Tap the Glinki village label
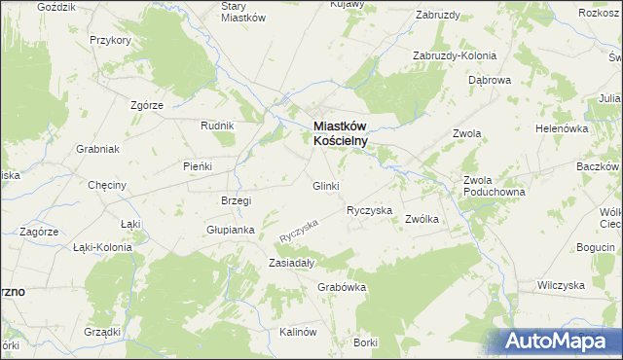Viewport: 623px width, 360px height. (x=325, y=186)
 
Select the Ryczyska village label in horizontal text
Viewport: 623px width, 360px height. (x=369, y=210)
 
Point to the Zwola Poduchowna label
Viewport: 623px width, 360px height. (x=494, y=186)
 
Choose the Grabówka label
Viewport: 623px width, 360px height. (x=341, y=287)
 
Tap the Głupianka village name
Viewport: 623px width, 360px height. (x=230, y=231)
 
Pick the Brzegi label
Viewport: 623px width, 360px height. (x=237, y=201)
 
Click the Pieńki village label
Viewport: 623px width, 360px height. (x=198, y=166)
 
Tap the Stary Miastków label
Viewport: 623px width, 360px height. (x=243, y=12)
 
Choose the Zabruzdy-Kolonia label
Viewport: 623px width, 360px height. (x=455, y=55)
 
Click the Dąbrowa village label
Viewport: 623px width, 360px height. (x=490, y=81)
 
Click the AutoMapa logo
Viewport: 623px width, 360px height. (x=560, y=342)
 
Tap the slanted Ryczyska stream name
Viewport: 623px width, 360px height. (x=299, y=230)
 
